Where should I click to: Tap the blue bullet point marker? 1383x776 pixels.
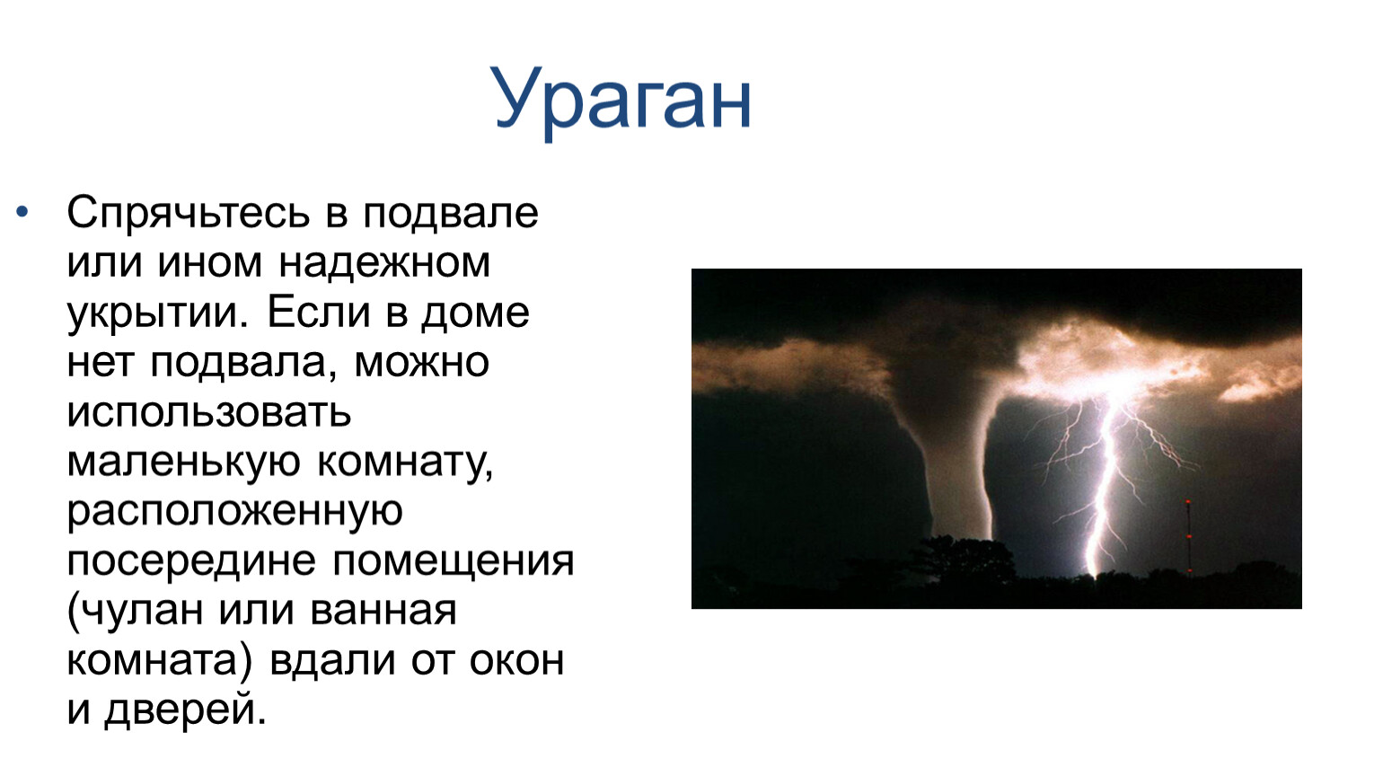pyautogui.click(x=22, y=212)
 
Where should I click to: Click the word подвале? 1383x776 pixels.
pyautogui.click(x=450, y=214)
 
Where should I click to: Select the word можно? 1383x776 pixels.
pyautogui.click(x=422, y=362)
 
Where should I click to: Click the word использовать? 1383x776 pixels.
pyautogui.click(x=208, y=411)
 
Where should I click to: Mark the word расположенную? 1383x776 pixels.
pyautogui.click(x=234, y=514)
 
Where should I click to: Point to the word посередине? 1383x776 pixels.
pyautogui.click(x=191, y=561)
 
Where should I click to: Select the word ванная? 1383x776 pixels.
pyautogui.click(x=383, y=611)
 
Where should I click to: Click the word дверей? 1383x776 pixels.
pyautogui.click(x=185, y=710)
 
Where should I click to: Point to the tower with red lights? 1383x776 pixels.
pyautogui.click(x=1188, y=536)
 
